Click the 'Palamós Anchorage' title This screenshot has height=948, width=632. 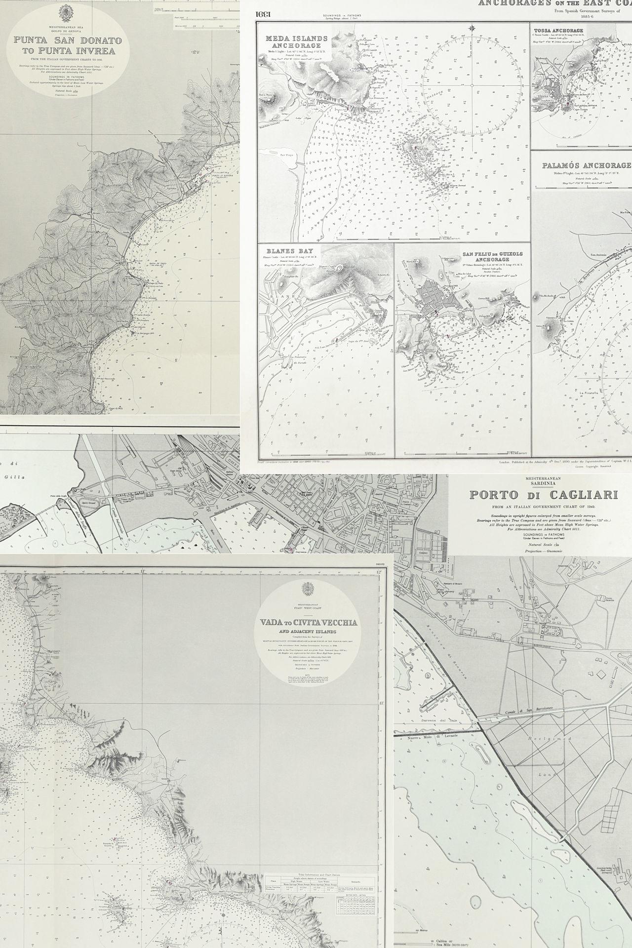coord(586,165)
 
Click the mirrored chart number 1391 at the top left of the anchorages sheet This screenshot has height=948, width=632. coord(262,14)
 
